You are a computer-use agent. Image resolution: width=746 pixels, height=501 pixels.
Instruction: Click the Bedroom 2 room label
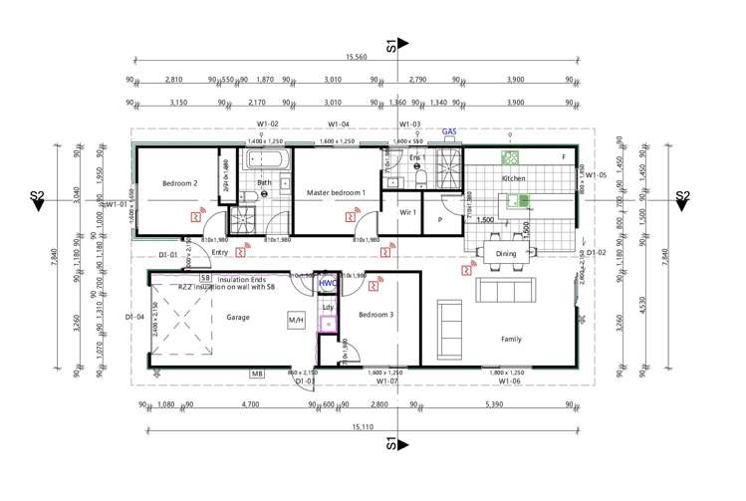tap(180, 183)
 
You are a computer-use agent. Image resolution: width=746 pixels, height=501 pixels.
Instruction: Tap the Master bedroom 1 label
tap(336, 192)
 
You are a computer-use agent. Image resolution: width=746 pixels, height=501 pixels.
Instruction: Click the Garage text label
tap(237, 318)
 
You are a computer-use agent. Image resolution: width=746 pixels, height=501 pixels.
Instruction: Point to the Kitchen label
tap(514, 178)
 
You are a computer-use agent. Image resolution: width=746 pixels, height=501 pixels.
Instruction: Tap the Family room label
tap(510, 340)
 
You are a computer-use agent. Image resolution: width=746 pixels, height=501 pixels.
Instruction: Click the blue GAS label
tap(449, 130)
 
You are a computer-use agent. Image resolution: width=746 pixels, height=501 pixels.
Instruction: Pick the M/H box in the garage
tap(296, 321)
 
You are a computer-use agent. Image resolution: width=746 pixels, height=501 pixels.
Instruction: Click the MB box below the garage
tap(257, 375)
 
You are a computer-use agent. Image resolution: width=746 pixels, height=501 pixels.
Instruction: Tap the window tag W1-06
tap(511, 380)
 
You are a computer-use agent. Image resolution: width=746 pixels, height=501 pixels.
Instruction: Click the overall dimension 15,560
tap(354, 58)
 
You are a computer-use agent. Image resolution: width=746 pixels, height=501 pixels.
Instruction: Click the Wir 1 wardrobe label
tap(406, 212)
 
